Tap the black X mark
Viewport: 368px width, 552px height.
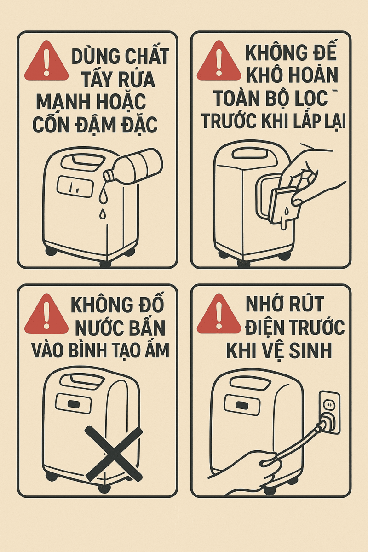coord(114,454)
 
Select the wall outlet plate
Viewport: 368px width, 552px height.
coord(329,412)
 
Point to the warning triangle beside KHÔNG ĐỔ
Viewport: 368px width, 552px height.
coord(46,314)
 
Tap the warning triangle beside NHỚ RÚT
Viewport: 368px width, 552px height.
coord(218,314)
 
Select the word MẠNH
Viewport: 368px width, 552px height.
coord(64,102)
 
